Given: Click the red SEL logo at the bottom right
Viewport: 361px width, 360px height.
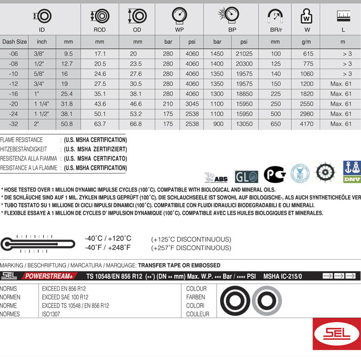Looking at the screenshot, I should point(337,334).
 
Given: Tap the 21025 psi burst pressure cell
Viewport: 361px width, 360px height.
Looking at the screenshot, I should point(244,53).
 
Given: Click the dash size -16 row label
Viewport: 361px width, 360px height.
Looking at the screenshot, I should point(14,94).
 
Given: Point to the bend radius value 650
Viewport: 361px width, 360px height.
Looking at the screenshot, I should point(275,124).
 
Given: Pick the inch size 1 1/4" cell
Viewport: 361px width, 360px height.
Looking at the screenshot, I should point(42,104).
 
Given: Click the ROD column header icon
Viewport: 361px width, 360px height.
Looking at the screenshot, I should point(99,16).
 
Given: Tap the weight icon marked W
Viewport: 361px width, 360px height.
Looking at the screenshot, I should point(306,17).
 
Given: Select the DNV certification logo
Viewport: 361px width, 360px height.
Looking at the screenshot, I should point(352,172).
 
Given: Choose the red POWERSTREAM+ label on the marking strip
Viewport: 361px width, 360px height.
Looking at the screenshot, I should point(49,276).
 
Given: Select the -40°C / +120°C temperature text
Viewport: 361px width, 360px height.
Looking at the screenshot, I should point(108,238).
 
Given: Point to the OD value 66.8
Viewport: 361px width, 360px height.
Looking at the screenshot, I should point(137,124).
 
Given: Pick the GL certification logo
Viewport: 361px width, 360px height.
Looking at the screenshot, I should point(246,176).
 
